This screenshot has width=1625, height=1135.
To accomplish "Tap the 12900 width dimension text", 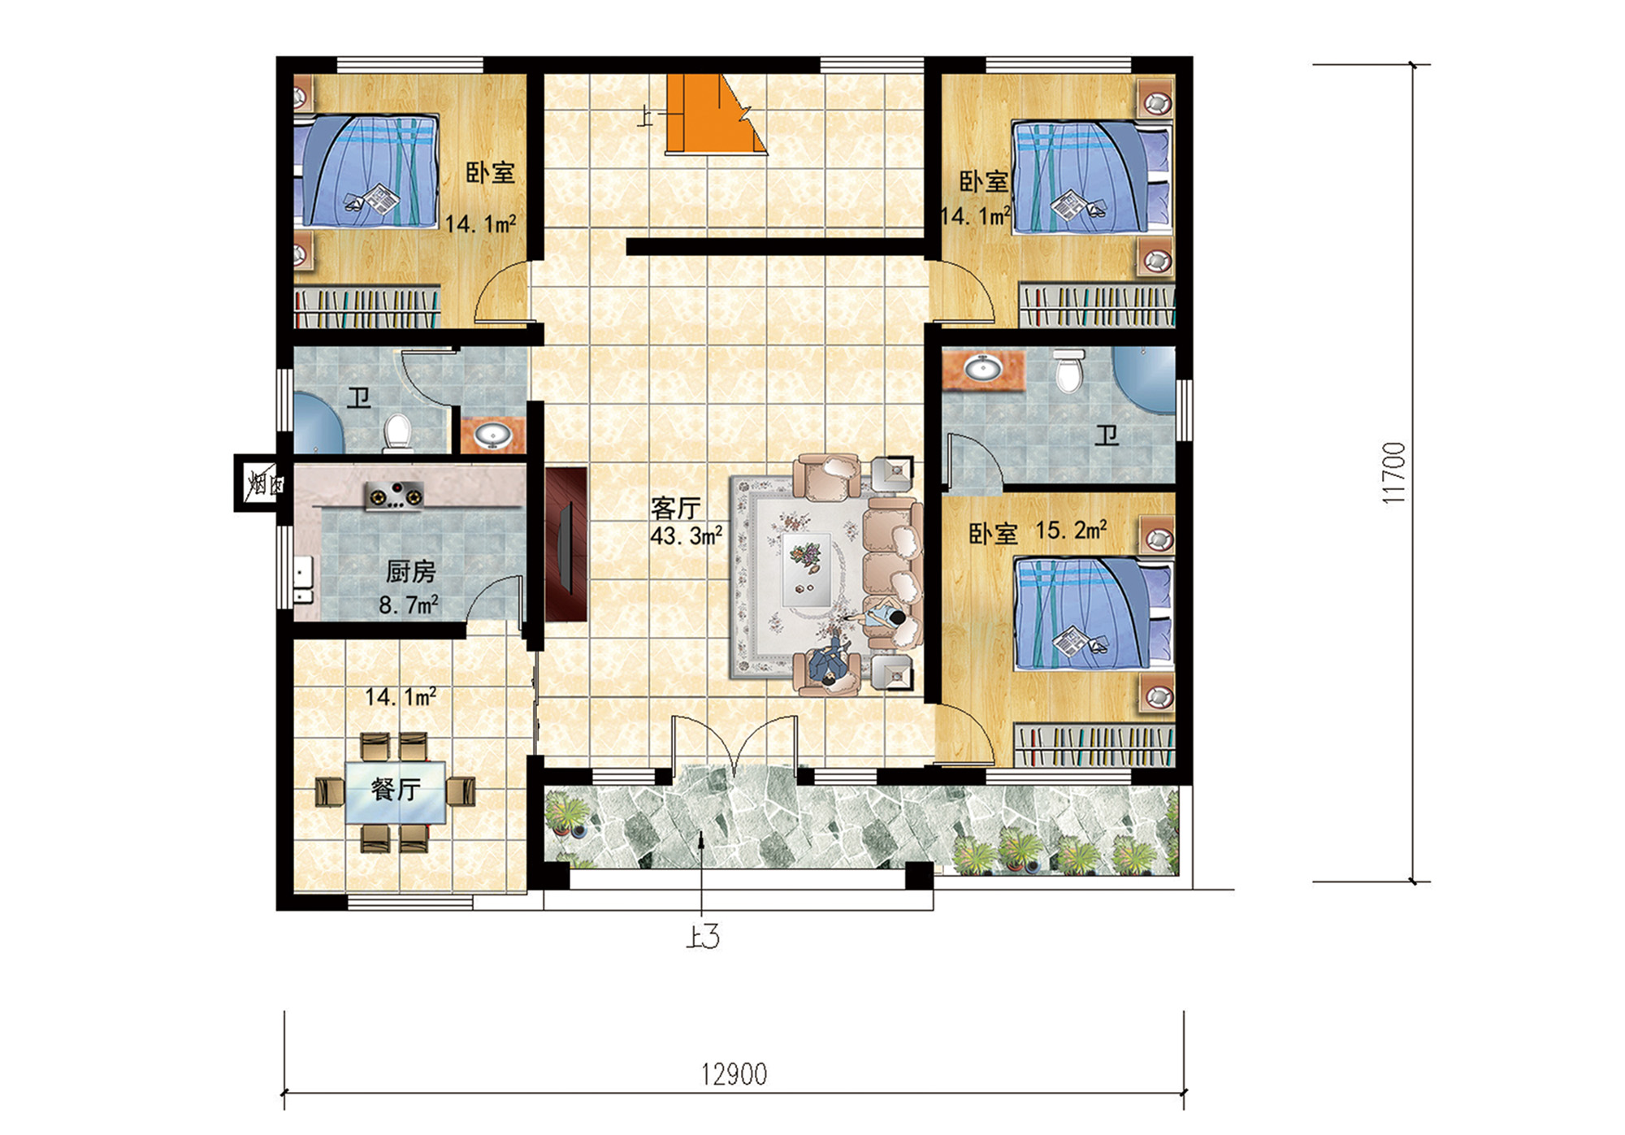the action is [x=734, y=1074].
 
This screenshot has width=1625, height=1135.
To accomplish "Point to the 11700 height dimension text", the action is [x=1393, y=473].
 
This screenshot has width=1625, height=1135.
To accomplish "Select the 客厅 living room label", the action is [x=675, y=509].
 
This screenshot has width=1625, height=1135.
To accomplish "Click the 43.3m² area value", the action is [x=687, y=536].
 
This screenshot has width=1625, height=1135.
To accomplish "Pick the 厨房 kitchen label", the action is [x=410, y=572].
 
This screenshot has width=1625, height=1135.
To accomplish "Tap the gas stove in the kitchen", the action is [x=394, y=496].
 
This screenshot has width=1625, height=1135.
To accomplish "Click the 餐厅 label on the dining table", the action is [x=396, y=789].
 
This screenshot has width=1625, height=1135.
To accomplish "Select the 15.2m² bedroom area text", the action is [x=1071, y=531].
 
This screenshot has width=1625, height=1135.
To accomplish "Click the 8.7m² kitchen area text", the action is [x=409, y=605].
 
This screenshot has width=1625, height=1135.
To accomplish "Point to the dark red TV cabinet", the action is [x=566, y=544].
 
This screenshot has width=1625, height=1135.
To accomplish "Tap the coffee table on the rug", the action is [x=806, y=569].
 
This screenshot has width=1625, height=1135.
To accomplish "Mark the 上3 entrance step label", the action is [x=703, y=938].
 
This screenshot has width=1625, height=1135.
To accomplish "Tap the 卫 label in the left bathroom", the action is [x=359, y=398].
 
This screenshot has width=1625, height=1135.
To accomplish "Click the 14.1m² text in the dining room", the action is [x=401, y=697].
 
